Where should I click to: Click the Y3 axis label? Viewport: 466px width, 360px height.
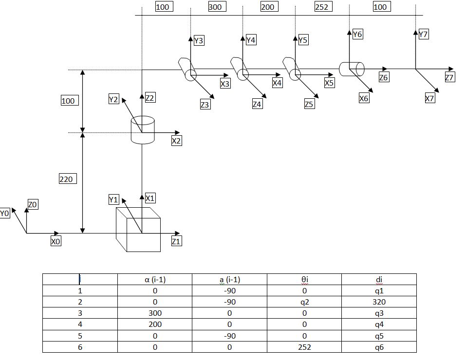[x=199, y=40]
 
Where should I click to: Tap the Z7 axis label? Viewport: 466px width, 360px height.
[x=449, y=77]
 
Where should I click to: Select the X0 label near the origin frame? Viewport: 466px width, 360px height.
[x=56, y=241]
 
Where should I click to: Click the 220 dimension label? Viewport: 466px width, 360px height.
[x=68, y=179]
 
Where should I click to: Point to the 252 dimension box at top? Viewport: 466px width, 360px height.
[x=323, y=6]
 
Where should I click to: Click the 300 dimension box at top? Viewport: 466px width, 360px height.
[x=217, y=6]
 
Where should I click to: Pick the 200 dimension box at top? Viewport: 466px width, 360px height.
[x=269, y=6]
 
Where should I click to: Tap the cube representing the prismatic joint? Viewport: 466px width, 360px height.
[x=138, y=230]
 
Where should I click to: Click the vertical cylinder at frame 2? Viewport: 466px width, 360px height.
[x=143, y=130]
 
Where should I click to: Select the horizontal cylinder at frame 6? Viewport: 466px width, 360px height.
[x=352, y=69]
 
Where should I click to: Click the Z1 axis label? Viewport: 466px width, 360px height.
[x=176, y=241]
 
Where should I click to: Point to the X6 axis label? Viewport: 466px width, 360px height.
[x=364, y=98]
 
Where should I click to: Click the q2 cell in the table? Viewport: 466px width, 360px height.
[x=304, y=302]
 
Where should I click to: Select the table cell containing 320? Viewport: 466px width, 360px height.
[x=379, y=302]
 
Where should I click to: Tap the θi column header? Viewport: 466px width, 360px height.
[x=304, y=280]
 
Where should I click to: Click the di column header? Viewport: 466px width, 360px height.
[x=379, y=280]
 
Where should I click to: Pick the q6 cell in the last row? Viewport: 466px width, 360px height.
[x=379, y=347]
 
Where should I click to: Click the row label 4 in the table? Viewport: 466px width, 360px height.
[x=80, y=324]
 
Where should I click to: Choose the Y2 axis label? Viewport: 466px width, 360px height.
[x=113, y=99]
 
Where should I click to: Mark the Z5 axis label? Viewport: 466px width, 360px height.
[x=309, y=104]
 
